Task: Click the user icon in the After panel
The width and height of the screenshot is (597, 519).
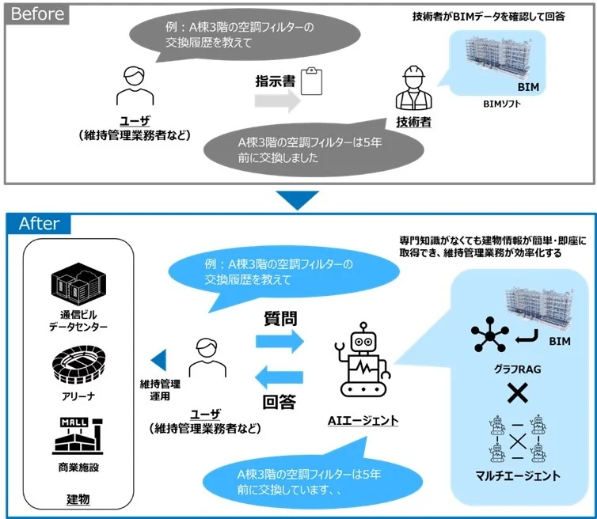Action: (204, 360)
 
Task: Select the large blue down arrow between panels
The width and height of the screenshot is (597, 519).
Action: (298, 199)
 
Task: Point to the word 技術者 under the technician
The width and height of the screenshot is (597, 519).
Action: (413, 122)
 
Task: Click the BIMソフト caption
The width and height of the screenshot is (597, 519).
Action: (500, 103)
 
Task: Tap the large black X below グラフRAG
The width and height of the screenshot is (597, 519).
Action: (518, 392)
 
